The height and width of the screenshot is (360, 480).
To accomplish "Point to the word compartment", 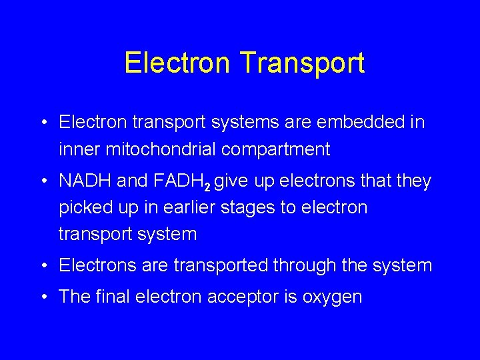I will point(275,150).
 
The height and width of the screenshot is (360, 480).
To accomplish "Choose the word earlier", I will point(185,207).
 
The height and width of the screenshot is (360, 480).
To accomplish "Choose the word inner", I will point(79,149).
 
